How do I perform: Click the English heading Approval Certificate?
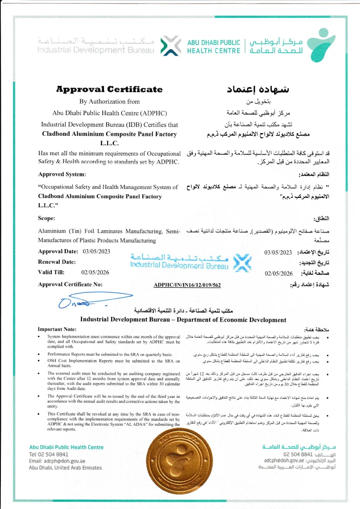click(x=109, y=89)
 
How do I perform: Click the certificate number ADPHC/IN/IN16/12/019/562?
click(x=187, y=285)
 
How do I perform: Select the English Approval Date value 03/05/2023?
click(x=96, y=251)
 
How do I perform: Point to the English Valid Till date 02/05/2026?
click(x=95, y=272)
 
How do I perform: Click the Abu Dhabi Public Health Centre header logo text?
click(x=214, y=47)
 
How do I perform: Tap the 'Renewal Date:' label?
click(x=57, y=262)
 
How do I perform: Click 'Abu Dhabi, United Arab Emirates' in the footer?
click(x=65, y=468)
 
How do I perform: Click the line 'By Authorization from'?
click(x=109, y=102)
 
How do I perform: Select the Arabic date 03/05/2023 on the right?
click(x=279, y=252)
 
